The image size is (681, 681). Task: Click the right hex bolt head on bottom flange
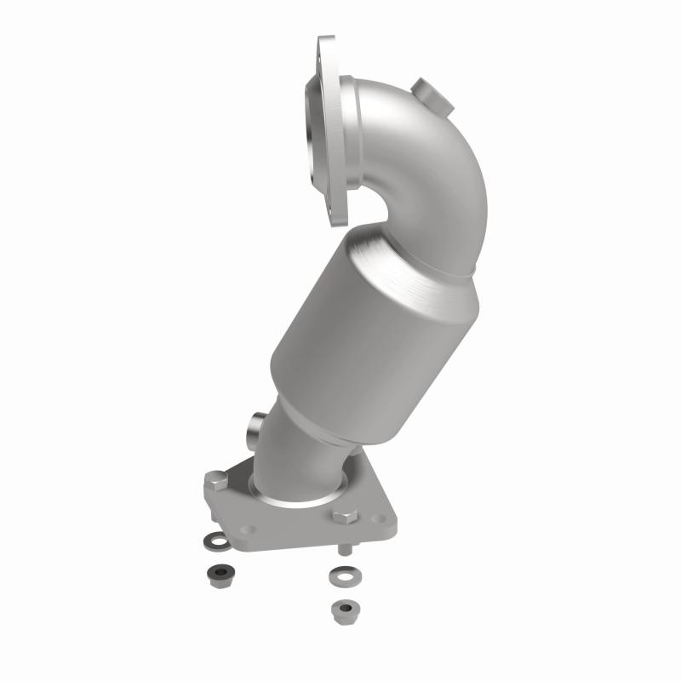[x=345, y=517]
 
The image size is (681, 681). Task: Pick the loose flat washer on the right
[x=344, y=575]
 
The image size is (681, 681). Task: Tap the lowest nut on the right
[x=344, y=609]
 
